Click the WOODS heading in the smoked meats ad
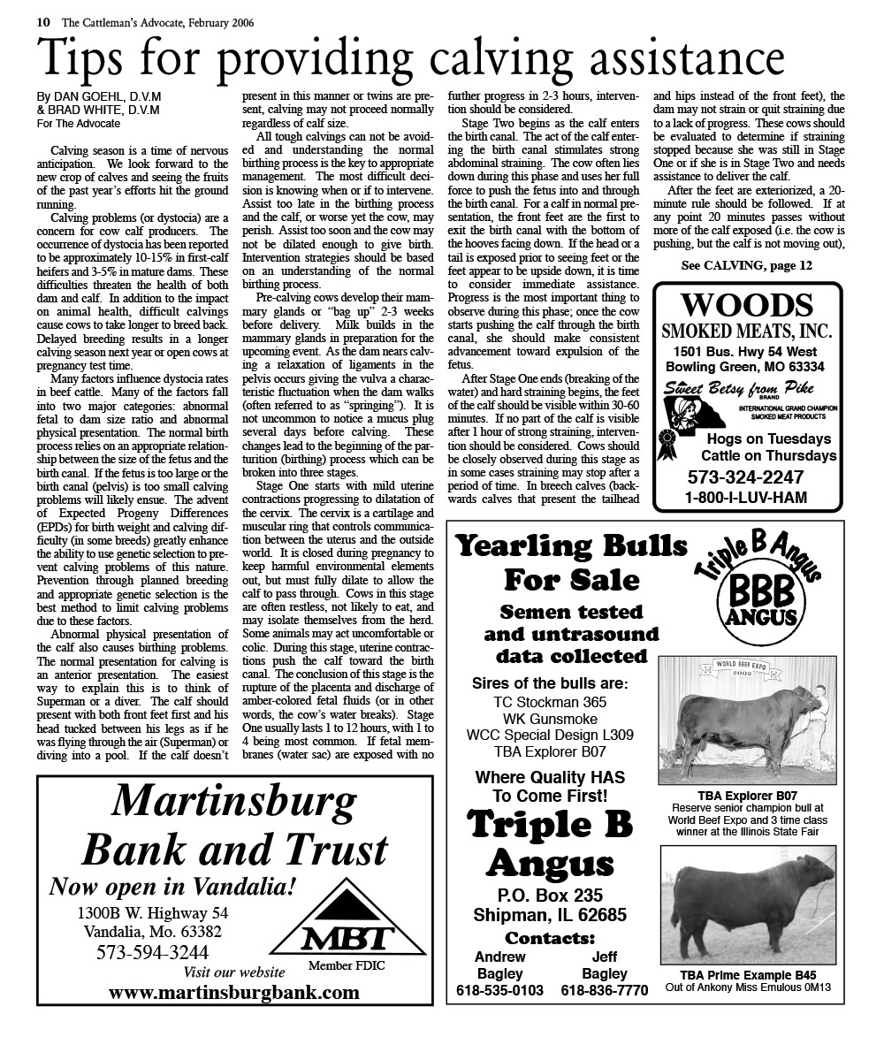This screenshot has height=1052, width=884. tap(747, 306)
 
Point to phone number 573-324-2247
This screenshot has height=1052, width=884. tap(746, 477)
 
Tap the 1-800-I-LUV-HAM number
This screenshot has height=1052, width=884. tap(746, 498)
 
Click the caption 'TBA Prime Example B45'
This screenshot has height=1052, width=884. tap(748, 975)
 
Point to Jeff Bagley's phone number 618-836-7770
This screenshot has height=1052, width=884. tap(605, 991)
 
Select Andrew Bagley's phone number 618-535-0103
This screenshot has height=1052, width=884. tap(500, 991)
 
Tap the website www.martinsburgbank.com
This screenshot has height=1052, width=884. tap(234, 992)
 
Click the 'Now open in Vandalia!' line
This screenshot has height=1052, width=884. tap(172, 886)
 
